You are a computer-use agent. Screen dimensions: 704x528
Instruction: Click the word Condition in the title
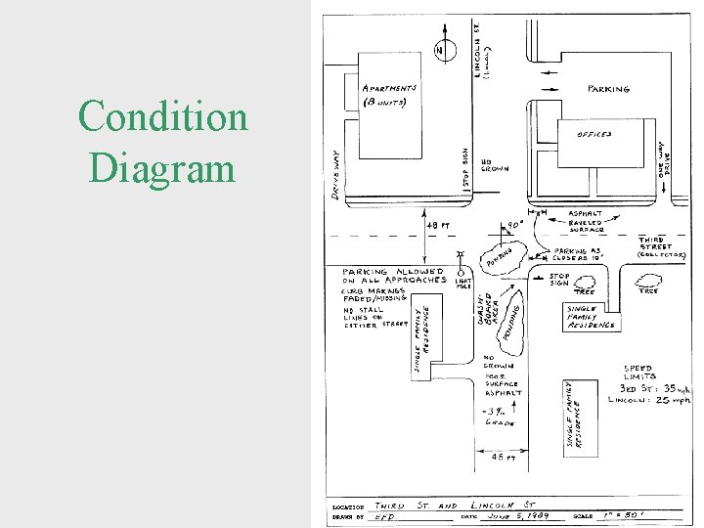pyautogui.click(x=163, y=117)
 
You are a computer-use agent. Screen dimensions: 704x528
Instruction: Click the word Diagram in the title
pyautogui.click(x=163, y=167)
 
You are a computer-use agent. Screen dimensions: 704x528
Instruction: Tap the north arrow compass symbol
pyautogui.click(x=442, y=50)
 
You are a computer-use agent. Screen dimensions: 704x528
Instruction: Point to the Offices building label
pyautogui.click(x=595, y=134)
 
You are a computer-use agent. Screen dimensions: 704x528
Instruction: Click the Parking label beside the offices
pyautogui.click(x=608, y=89)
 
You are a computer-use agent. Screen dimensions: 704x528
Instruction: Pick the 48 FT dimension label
pyautogui.click(x=437, y=224)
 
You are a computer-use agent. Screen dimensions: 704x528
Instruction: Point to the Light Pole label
pyautogui.click(x=463, y=284)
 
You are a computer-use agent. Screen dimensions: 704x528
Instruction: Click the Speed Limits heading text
pyautogui.click(x=646, y=374)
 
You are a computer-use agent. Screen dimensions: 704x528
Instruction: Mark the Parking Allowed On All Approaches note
pyautogui.click(x=392, y=276)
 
